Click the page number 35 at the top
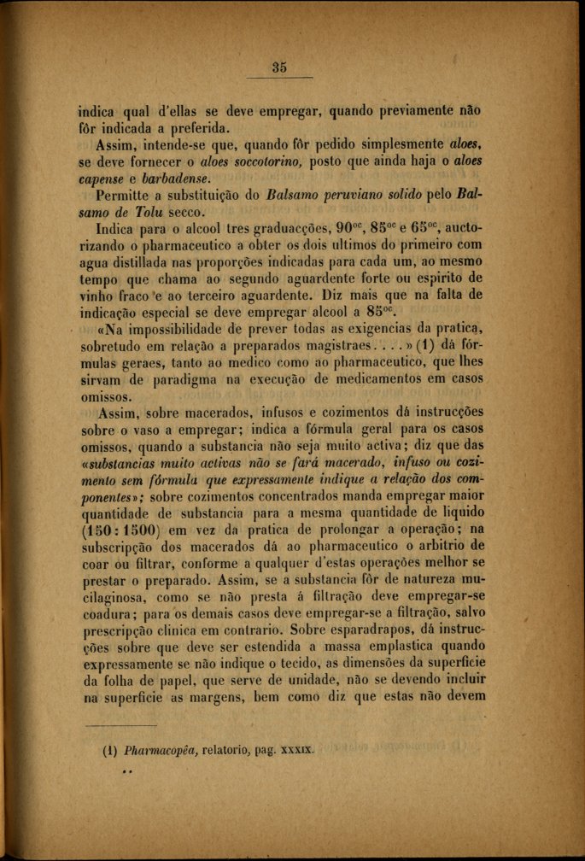point(278,68)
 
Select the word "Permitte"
point(125,196)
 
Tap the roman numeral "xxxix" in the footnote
point(295,752)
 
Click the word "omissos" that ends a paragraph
point(103,398)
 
